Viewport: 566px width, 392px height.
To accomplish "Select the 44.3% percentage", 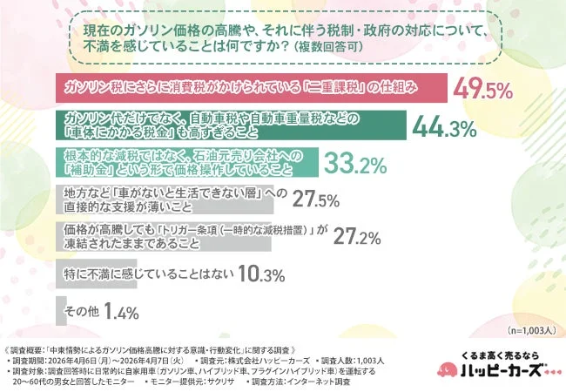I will [x=443, y=127].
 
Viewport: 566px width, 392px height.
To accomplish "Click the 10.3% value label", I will [x=261, y=275].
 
